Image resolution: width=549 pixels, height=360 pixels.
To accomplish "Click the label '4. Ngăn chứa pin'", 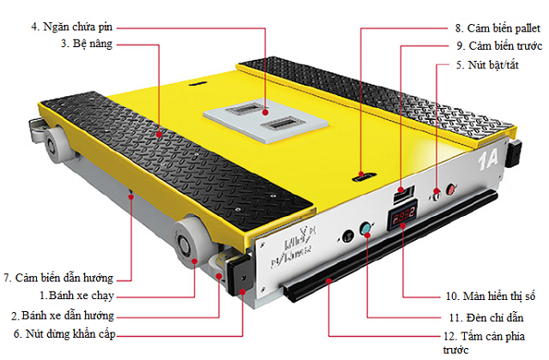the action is (x=71, y=27).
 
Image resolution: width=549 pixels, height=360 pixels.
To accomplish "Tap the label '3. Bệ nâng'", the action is (x=87, y=44).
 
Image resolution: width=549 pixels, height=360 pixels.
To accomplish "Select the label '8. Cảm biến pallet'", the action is (x=498, y=28).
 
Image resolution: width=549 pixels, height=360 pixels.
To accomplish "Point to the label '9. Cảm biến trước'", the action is (x=499, y=45).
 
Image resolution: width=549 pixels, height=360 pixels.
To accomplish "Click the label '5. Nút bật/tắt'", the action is (x=487, y=65).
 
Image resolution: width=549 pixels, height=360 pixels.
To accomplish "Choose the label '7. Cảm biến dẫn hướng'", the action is (x=58, y=278).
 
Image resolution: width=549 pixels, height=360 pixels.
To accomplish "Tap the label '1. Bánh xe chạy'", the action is (x=76, y=296).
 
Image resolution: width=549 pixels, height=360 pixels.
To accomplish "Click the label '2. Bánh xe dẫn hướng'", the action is (x=63, y=315).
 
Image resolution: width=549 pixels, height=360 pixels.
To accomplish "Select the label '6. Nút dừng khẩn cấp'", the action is (x=64, y=334).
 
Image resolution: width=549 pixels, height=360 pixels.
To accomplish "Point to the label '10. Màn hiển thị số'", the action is (x=490, y=297).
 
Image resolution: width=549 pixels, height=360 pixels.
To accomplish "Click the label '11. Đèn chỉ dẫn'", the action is (x=486, y=318).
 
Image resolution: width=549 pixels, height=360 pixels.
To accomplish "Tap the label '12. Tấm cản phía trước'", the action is (x=484, y=343).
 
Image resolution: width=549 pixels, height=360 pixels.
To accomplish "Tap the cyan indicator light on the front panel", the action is (x=366, y=229).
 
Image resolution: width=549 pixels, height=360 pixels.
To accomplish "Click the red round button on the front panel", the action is (x=451, y=189).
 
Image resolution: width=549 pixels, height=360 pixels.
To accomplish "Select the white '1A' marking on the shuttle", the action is (x=488, y=159).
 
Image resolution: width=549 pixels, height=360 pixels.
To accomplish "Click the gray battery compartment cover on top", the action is (x=266, y=121).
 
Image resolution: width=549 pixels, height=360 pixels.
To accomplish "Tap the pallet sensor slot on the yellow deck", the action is (x=364, y=177).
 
